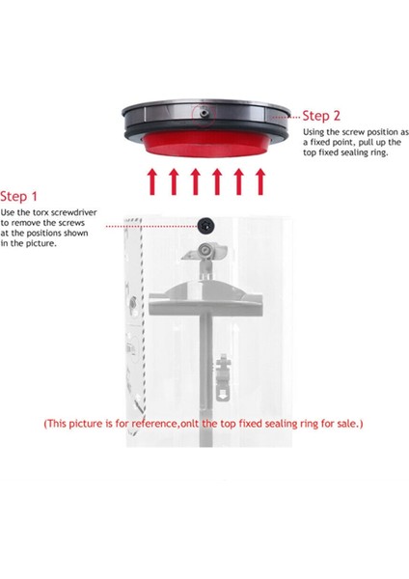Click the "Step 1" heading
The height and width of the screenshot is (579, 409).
[18, 196]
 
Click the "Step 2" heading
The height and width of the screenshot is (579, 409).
[321, 116]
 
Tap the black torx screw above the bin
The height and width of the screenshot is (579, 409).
[205, 226]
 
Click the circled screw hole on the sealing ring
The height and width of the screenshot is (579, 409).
[204, 113]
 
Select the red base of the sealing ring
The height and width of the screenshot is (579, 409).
[206, 144]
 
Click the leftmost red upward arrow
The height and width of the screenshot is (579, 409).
[151, 181]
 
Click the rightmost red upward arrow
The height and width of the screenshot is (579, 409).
[260, 181]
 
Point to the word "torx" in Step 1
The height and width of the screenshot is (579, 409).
[40, 212]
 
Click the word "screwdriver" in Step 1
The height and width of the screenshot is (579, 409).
[74, 212]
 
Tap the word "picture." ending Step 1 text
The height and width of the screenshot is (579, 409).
[43, 244]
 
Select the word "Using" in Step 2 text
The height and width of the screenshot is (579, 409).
[314, 132]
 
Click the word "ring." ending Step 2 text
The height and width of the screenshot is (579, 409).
[379, 152]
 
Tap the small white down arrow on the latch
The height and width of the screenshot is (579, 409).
[222, 397]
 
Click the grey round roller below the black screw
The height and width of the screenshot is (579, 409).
[204, 251]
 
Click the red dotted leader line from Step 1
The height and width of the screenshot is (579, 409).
[151, 226]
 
